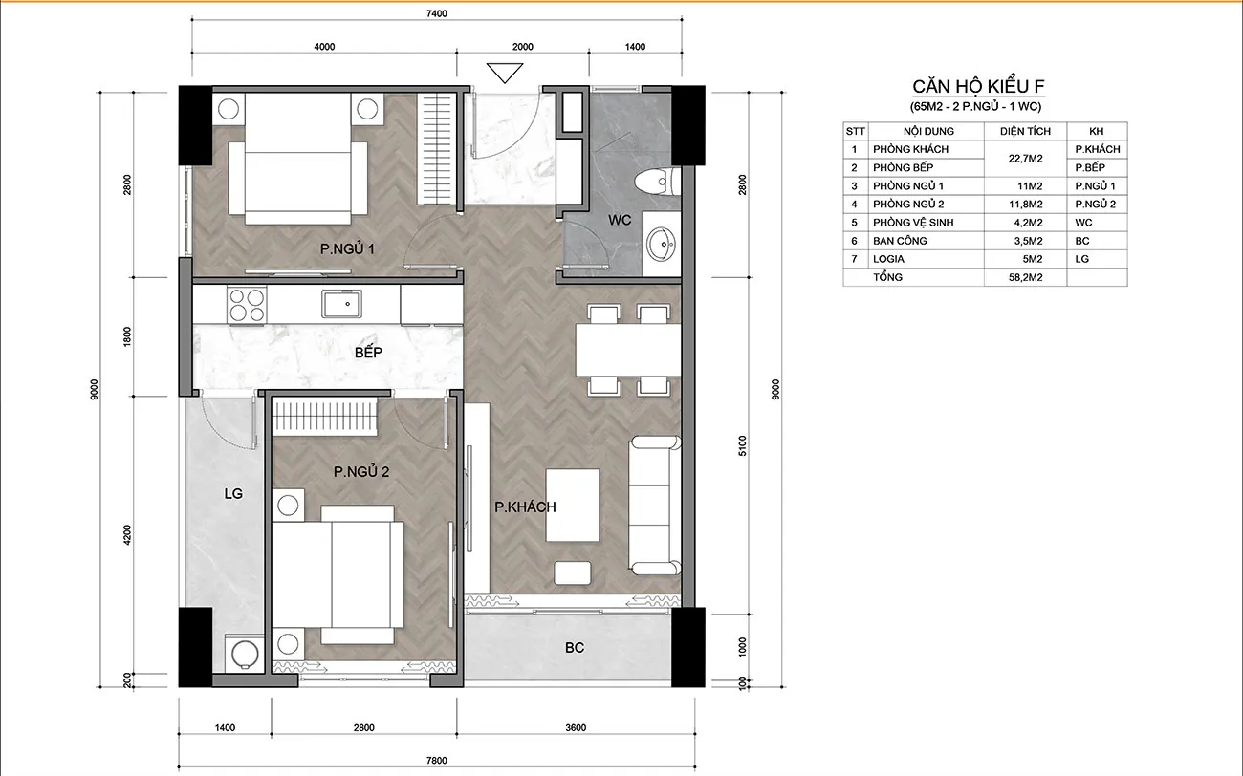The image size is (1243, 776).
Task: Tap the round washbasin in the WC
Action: [x=661, y=244]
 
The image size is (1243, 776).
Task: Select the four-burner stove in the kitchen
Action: [x=247, y=305]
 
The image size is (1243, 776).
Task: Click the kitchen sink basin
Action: [x=342, y=304]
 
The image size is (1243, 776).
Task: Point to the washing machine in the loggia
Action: [x=244, y=654]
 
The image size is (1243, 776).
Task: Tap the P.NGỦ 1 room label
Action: [x=347, y=249]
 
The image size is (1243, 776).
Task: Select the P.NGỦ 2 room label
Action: [x=361, y=472]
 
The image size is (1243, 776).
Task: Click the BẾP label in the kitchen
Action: [x=368, y=353]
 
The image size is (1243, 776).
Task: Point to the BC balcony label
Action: [x=575, y=647]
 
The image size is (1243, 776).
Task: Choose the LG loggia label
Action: [x=233, y=493]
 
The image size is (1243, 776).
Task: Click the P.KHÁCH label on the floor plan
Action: [x=525, y=507]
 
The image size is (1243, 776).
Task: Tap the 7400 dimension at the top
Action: [x=437, y=13]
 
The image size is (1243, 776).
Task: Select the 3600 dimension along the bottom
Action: [x=576, y=727]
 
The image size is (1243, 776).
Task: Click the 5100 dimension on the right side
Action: [x=743, y=446]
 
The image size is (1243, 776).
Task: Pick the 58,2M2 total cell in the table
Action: [x=1025, y=277]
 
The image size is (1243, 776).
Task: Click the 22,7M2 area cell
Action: [x=1025, y=159]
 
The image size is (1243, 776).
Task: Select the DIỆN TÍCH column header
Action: [x=1025, y=132]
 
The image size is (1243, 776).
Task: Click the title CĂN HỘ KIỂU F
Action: [x=978, y=86]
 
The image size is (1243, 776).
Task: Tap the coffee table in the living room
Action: [x=572, y=506]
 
